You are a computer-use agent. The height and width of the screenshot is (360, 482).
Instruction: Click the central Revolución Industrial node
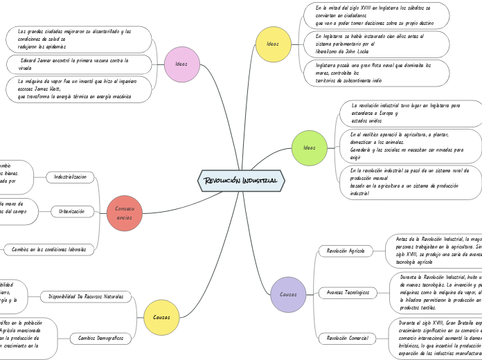(241, 180)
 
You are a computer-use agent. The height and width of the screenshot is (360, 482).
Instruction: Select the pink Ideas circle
(182, 64)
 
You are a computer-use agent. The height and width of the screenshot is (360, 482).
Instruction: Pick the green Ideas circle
(310, 147)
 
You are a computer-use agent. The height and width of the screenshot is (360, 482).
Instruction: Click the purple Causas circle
(288, 294)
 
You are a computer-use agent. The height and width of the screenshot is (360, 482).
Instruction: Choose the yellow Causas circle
(161, 317)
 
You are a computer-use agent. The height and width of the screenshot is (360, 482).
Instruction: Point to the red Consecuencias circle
(125, 213)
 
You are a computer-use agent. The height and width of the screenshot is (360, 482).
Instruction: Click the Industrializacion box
(70, 177)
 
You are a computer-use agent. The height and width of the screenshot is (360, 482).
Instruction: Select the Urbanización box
(72, 211)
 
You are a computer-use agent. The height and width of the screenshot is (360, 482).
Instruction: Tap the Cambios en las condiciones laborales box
(49, 249)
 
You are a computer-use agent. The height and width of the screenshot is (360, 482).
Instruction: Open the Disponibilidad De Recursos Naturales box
(86, 297)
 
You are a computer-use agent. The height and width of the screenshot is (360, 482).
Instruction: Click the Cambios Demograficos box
(100, 339)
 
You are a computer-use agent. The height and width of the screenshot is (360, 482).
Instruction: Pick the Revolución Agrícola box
(346, 251)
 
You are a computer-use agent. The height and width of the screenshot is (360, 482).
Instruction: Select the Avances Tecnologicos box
(348, 293)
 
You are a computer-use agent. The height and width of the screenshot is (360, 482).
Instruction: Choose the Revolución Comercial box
(348, 339)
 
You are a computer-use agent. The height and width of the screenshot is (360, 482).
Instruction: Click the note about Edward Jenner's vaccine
(80, 64)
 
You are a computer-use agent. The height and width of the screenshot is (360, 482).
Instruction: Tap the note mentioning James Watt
(80, 89)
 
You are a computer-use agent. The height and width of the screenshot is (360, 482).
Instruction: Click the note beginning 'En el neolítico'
(409, 145)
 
